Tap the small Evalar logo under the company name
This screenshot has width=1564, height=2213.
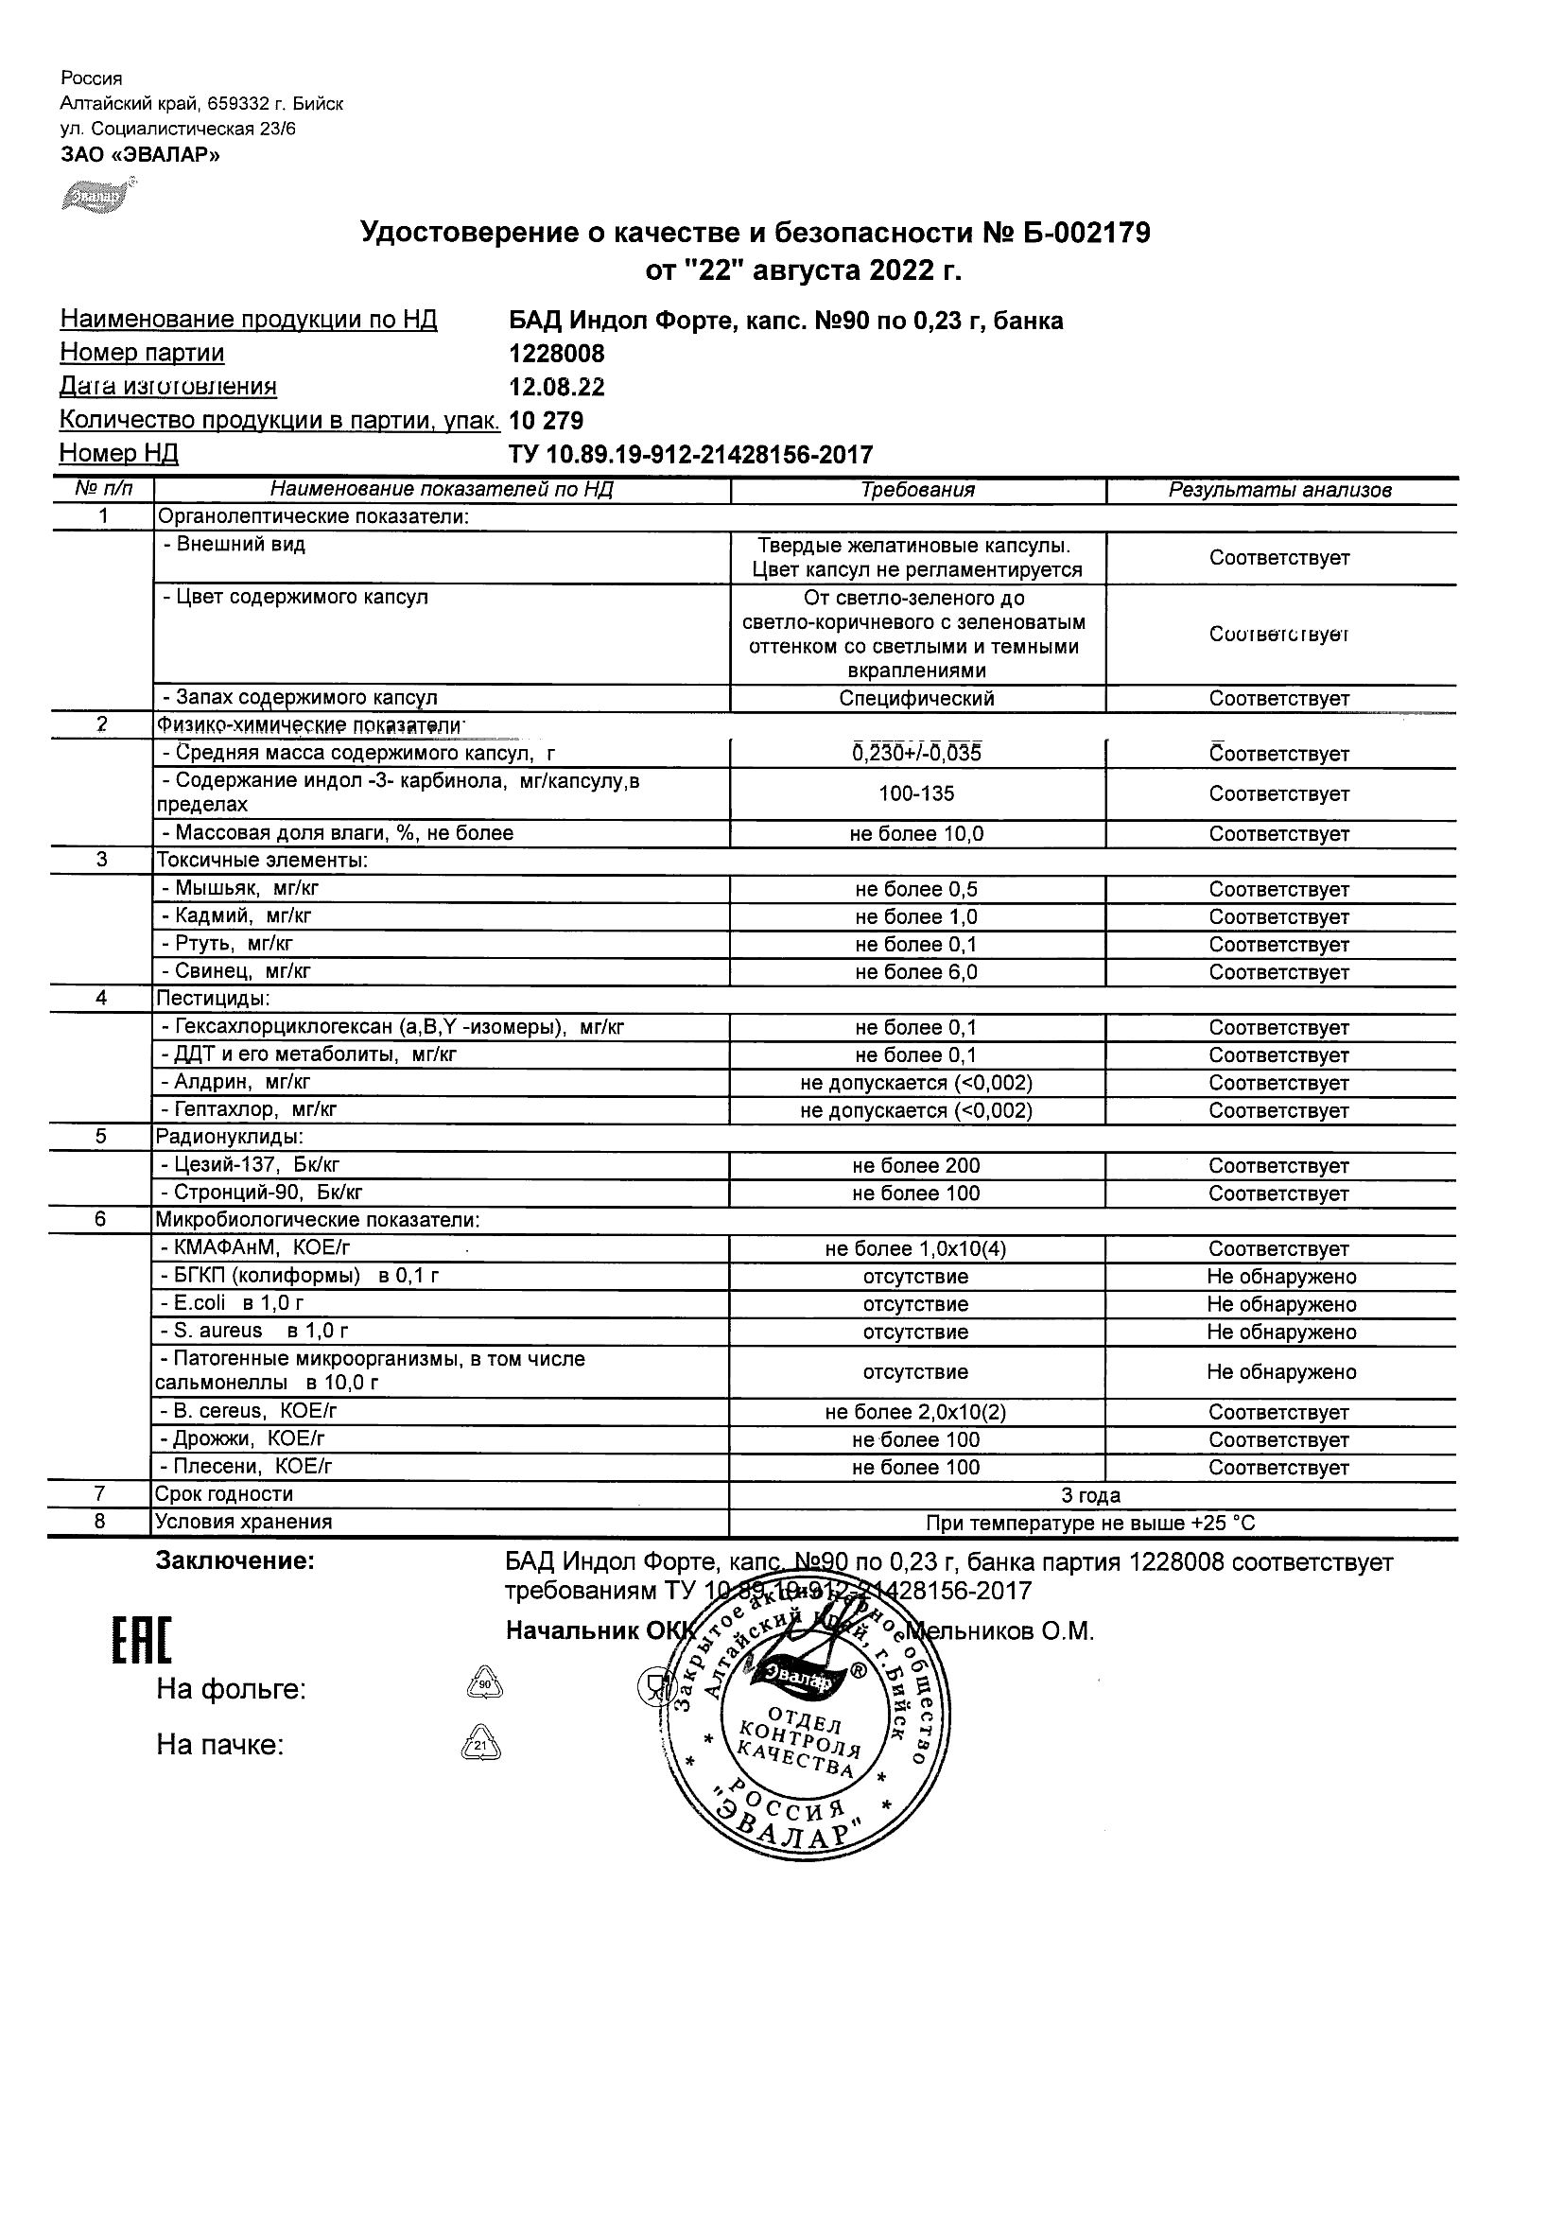(x=97, y=196)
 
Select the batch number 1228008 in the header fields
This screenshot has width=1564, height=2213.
(x=557, y=354)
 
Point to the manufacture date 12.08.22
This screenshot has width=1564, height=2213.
(x=557, y=388)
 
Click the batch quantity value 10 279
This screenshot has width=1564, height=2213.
(x=547, y=421)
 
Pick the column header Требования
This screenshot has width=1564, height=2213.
(x=916, y=491)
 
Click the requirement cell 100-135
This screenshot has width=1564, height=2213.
(x=916, y=794)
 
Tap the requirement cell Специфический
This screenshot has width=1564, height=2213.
(x=916, y=699)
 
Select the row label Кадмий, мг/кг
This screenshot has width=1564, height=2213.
(x=237, y=916)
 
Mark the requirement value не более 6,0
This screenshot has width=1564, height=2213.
(x=916, y=972)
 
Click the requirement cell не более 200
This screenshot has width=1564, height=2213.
(x=916, y=1166)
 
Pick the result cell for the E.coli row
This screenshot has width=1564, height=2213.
(x=1280, y=1305)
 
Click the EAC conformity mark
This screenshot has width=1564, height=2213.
(x=142, y=1642)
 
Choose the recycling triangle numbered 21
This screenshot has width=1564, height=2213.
(x=482, y=1745)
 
